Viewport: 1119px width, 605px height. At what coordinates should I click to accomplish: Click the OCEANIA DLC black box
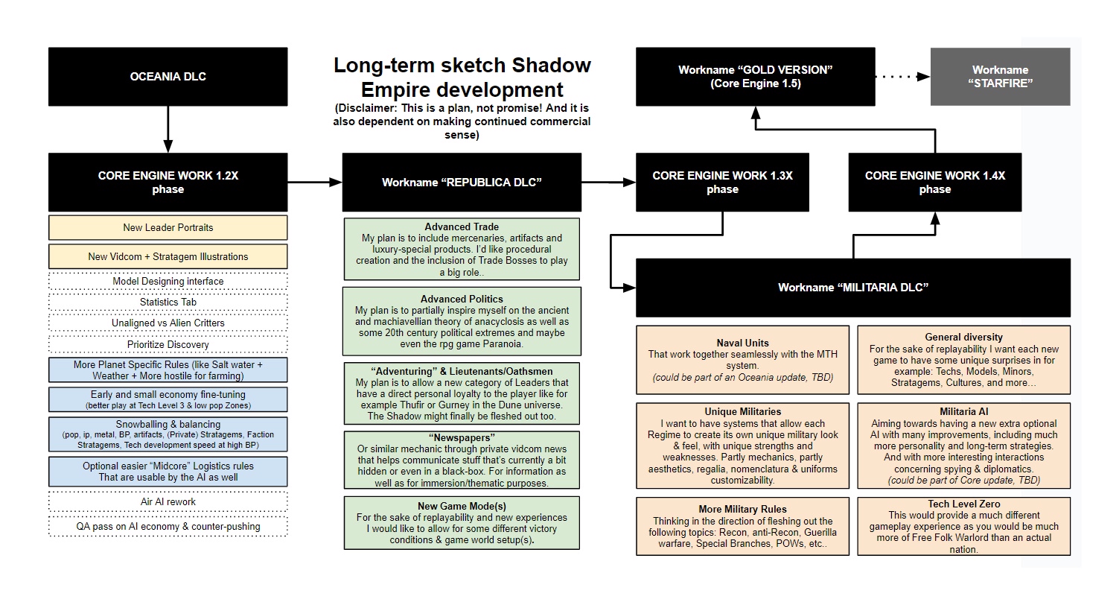[x=168, y=77]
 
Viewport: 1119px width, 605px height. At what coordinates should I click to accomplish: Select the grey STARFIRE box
[x=1000, y=77]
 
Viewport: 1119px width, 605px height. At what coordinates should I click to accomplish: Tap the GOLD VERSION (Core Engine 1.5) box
[x=755, y=77]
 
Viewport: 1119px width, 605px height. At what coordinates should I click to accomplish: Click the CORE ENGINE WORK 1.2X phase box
[x=168, y=183]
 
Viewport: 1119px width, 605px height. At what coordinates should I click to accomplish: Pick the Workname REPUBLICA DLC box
[x=462, y=183]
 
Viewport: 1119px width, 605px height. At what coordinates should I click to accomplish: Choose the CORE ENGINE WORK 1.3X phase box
[x=722, y=183]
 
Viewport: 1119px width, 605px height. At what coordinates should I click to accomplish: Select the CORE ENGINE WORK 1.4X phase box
[x=934, y=183]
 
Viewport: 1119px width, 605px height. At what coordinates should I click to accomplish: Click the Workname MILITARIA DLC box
[x=852, y=288]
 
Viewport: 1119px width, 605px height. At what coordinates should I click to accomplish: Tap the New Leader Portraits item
[x=168, y=228]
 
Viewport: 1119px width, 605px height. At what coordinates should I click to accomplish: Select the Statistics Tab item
[x=168, y=302]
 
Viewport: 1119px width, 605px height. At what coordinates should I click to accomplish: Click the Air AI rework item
[x=168, y=501]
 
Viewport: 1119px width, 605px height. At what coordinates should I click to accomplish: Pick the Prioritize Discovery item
[x=168, y=344]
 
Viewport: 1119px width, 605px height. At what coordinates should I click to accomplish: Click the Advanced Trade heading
[x=462, y=227]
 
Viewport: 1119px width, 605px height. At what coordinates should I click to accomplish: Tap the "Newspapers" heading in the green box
[x=462, y=437]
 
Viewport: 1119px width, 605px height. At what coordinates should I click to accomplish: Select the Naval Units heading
[x=742, y=343]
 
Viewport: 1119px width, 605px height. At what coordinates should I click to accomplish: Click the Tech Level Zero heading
[x=963, y=504]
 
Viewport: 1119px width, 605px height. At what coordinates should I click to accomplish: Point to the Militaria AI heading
[x=963, y=411]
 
